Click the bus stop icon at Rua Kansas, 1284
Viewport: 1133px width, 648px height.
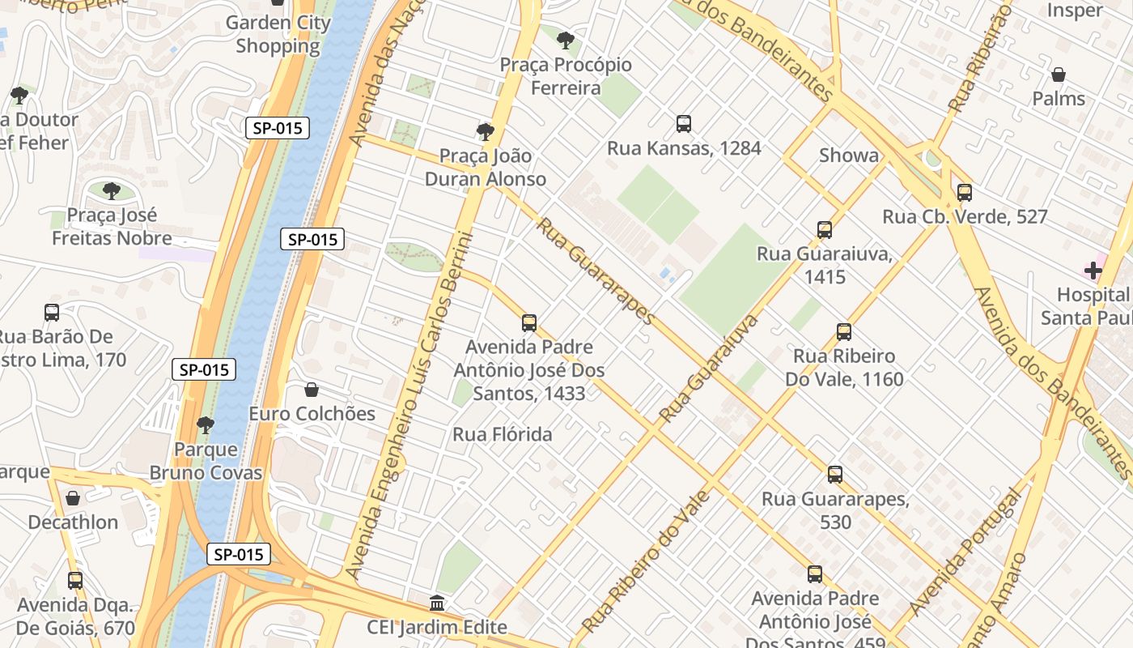tap(684, 124)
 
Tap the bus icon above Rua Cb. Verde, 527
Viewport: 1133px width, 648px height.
tap(965, 193)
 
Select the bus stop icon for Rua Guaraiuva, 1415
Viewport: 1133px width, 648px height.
tap(825, 230)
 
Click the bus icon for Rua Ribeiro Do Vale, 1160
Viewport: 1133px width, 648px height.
tap(844, 332)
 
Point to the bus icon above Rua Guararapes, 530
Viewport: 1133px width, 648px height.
tap(835, 475)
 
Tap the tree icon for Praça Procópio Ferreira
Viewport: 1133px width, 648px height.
tap(566, 40)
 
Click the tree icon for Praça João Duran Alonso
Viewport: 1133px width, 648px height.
tap(486, 131)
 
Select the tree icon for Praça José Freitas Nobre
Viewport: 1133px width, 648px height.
tap(112, 191)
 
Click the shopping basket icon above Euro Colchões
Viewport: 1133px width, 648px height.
tap(312, 390)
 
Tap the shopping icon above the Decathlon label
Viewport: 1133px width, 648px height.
tap(73, 498)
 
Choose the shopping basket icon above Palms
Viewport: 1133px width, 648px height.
tap(1058, 75)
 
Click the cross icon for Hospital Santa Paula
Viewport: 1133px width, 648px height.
tap(1093, 270)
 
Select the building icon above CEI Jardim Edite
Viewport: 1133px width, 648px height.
tap(437, 603)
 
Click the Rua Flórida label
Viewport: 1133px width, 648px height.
tap(502, 435)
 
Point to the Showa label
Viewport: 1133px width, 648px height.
tap(848, 156)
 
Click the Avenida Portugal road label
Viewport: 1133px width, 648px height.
tap(963, 551)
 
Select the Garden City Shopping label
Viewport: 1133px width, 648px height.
tap(278, 34)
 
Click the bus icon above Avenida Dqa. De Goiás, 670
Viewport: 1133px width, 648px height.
tap(75, 581)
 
